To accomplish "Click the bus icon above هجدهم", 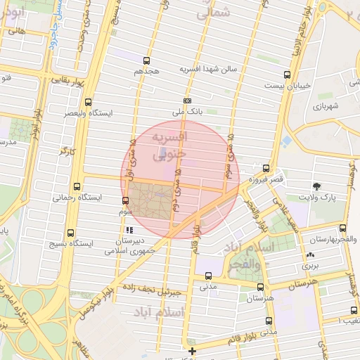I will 146,61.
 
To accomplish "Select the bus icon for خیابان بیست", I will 286,75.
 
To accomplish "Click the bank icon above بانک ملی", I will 187,101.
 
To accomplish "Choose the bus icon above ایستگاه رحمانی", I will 76,188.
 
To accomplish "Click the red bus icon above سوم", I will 126,201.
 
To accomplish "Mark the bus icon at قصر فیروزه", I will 266,168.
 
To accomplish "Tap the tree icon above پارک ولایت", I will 317,186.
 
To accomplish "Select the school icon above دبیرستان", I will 128,230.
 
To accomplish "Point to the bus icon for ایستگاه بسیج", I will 70,233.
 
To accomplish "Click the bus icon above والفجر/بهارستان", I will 342,228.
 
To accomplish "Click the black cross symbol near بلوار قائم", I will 193,350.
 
